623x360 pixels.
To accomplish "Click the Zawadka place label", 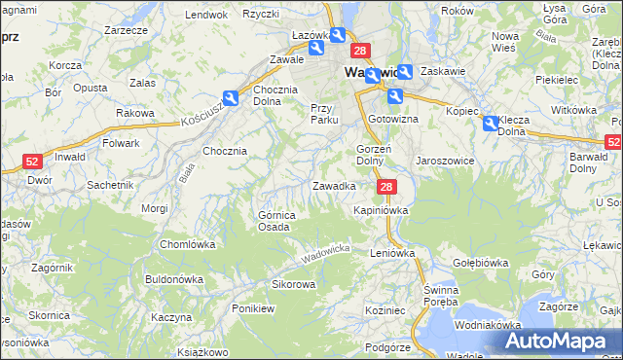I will pos(333,185).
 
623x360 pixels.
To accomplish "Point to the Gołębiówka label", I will pos(481,263).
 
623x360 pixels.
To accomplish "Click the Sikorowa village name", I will pos(293,285).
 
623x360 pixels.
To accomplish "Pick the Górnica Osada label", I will pos(274,221).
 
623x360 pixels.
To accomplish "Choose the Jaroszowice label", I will pos(445,161).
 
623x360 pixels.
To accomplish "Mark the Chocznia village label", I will pos(224,151).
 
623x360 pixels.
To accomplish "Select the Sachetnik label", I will pos(110,184).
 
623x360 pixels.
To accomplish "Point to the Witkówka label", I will pos(573,110).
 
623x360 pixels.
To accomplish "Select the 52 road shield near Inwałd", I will pos(32,162).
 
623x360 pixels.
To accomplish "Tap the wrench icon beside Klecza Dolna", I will pos(490,124).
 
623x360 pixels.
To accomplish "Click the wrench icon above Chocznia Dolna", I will pos(231,97).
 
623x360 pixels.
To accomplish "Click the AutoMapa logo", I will pos(558,342).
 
